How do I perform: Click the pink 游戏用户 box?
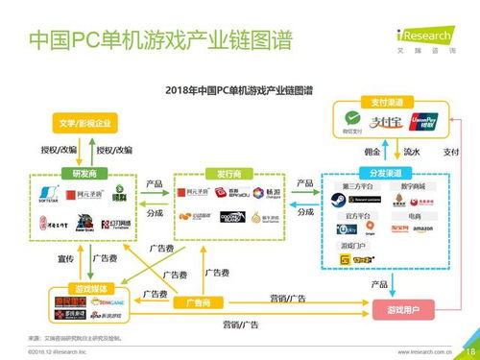(x=401, y=309)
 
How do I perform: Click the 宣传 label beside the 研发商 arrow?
(x=38, y=258)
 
